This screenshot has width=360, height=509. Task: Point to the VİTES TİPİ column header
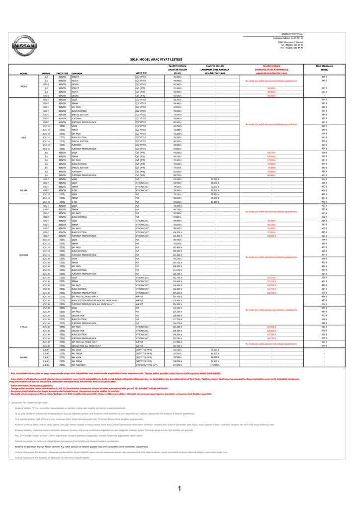coord(142,73)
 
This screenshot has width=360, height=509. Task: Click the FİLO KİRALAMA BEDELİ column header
coord(324,68)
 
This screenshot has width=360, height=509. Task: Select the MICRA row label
coord(23,86)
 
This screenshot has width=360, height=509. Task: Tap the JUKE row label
coord(23,138)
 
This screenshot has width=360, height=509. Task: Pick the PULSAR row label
coord(23,190)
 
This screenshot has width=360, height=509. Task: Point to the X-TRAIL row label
coord(23,327)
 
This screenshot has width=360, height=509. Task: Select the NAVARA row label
coord(23,357)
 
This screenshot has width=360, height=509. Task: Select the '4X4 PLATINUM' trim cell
coord(79,364)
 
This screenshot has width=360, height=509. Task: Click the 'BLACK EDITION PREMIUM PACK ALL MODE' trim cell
coord(95,301)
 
